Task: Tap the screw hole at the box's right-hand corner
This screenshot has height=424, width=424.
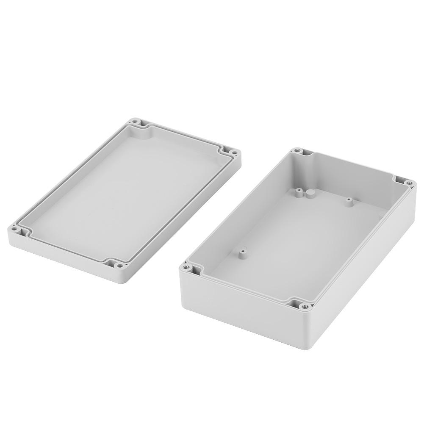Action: click(x=409, y=183)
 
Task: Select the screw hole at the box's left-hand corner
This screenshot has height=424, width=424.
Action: click(x=185, y=267)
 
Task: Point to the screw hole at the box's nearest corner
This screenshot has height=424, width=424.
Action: click(x=302, y=305)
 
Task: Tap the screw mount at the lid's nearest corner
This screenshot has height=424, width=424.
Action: click(x=120, y=266)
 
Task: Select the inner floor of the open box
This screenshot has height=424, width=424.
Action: click(x=297, y=237)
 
